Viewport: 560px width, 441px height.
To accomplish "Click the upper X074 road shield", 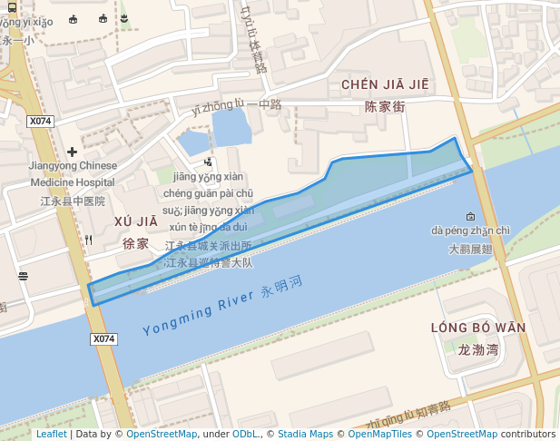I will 40,121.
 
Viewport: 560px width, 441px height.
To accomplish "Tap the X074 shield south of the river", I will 104,338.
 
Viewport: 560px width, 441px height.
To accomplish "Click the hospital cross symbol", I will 72,152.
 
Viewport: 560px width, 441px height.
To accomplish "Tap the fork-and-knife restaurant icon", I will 88,240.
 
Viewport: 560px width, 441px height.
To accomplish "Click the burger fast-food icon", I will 23,276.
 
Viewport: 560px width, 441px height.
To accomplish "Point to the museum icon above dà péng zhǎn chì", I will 470,216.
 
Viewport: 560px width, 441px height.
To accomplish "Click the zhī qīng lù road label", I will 408,416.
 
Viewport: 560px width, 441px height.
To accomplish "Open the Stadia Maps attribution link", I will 305,434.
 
